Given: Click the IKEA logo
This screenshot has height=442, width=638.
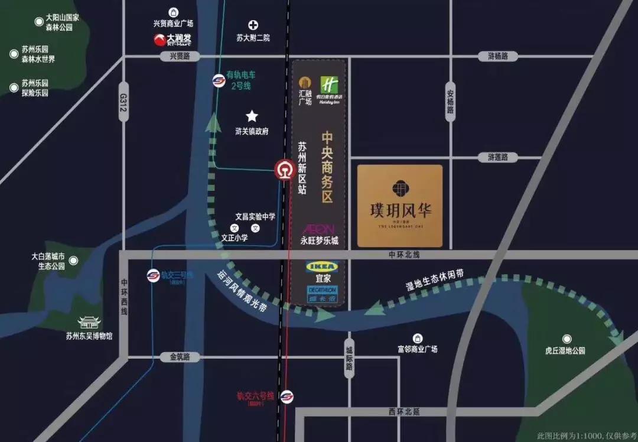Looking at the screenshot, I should pyautogui.click(x=321, y=266).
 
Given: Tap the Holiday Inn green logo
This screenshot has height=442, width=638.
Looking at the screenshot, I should pyautogui.click(x=329, y=85).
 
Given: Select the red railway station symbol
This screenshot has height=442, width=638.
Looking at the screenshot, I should pyautogui.click(x=284, y=170).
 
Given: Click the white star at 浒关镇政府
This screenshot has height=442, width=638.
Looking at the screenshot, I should pyautogui.click(x=252, y=116).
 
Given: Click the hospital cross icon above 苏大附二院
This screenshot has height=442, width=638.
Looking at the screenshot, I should pyautogui.click(x=253, y=25).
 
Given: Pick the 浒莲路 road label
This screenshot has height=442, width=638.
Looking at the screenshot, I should pyautogui.click(x=502, y=158).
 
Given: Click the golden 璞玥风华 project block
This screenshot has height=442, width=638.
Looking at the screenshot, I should pyautogui.click(x=400, y=206).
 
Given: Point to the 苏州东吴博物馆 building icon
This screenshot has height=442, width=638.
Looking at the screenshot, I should pyautogui.click(x=89, y=323).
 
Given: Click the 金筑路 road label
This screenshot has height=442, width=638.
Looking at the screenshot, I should pyautogui.click(x=180, y=357).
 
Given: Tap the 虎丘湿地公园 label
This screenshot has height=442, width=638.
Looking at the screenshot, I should pyautogui.click(x=565, y=350).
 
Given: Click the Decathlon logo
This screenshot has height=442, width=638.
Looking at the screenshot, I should pyautogui.click(x=321, y=291).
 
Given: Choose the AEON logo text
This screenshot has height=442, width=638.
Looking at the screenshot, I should pyautogui.click(x=319, y=229).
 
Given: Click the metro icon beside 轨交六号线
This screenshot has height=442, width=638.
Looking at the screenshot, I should pyautogui.click(x=287, y=396).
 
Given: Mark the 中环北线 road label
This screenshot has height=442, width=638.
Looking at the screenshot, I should pyautogui.click(x=403, y=255).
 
